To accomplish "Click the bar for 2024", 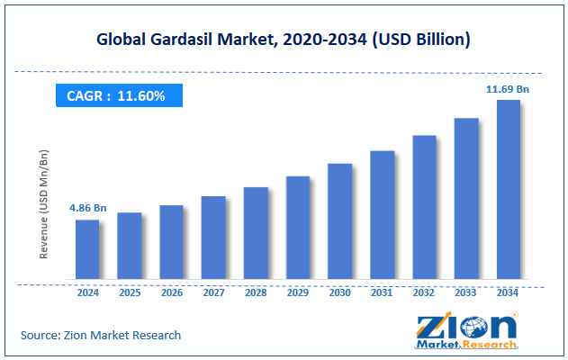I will [87, 249].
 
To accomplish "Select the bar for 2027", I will [213, 238].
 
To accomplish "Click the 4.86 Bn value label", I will [87, 209].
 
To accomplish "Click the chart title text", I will [284, 40].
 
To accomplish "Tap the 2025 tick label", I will [130, 292].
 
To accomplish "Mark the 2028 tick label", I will [256, 292].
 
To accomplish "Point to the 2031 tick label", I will [382, 292].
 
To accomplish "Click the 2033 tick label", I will [465, 292].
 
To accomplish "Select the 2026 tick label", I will [171, 292].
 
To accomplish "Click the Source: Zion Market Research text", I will [101, 335].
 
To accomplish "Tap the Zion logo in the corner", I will [466, 330].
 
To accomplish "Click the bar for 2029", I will [298, 228].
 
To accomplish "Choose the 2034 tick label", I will [508, 292].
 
